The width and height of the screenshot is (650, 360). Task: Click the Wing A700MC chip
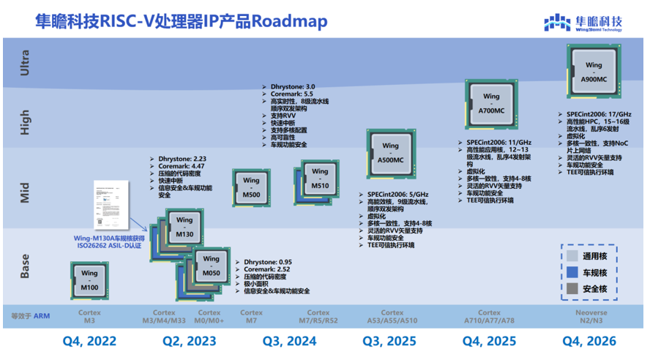point(491,102)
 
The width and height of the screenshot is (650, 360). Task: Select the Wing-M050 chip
point(211,266)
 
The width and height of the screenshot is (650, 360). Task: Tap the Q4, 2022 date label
point(89,341)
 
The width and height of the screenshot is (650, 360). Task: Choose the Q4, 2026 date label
point(589,341)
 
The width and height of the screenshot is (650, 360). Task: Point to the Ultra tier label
point(26,63)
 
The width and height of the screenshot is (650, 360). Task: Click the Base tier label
point(26,266)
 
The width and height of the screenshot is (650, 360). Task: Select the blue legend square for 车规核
point(572,272)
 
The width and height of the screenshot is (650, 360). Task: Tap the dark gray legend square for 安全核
point(572,289)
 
